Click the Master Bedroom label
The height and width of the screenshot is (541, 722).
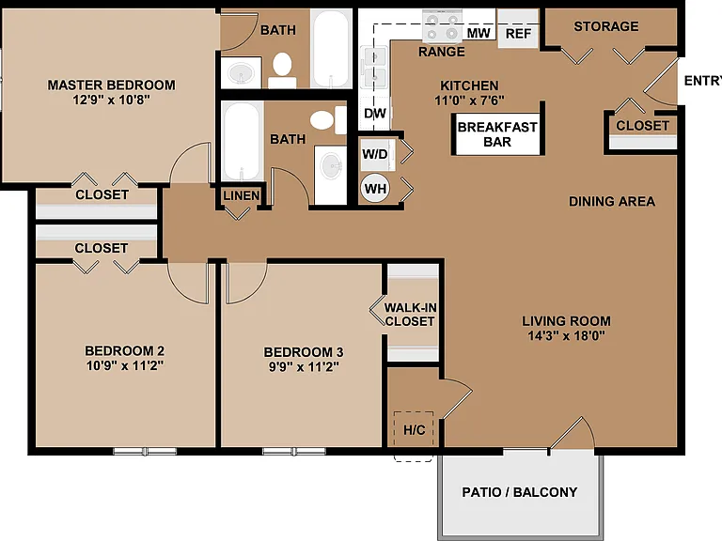pos(112,85)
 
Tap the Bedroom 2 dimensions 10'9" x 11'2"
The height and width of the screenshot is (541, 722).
pos(125,365)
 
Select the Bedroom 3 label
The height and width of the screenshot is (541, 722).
pos(304,352)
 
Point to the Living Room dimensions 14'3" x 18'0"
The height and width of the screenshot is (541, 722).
pos(566,335)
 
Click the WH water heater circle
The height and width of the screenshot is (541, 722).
pos(375,189)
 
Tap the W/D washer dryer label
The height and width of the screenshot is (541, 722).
pos(375,154)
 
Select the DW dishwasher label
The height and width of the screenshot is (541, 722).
pos(375,113)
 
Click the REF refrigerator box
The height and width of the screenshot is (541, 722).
pos(518,28)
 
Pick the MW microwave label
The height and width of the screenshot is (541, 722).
pos(479,33)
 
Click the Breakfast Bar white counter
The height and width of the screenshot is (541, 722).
pos(497,134)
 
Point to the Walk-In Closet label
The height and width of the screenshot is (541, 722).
pos(410,315)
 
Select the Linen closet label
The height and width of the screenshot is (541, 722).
pos(242,195)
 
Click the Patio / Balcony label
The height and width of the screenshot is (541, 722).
pos(519,492)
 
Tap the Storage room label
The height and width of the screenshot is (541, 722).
pos(606,26)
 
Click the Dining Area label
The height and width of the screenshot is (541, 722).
pos(612,201)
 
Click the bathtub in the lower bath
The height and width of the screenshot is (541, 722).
pos(242,141)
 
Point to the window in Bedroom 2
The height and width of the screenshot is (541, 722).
pos(145,451)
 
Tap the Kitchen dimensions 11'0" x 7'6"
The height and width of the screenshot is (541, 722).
pos(469,100)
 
